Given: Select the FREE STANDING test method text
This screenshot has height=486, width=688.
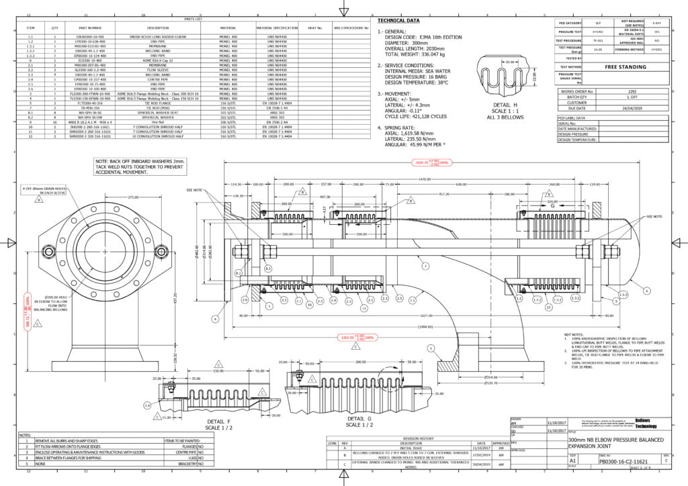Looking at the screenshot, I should [x=625, y=67].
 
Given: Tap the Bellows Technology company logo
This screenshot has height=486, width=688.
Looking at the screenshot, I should [x=650, y=423].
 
